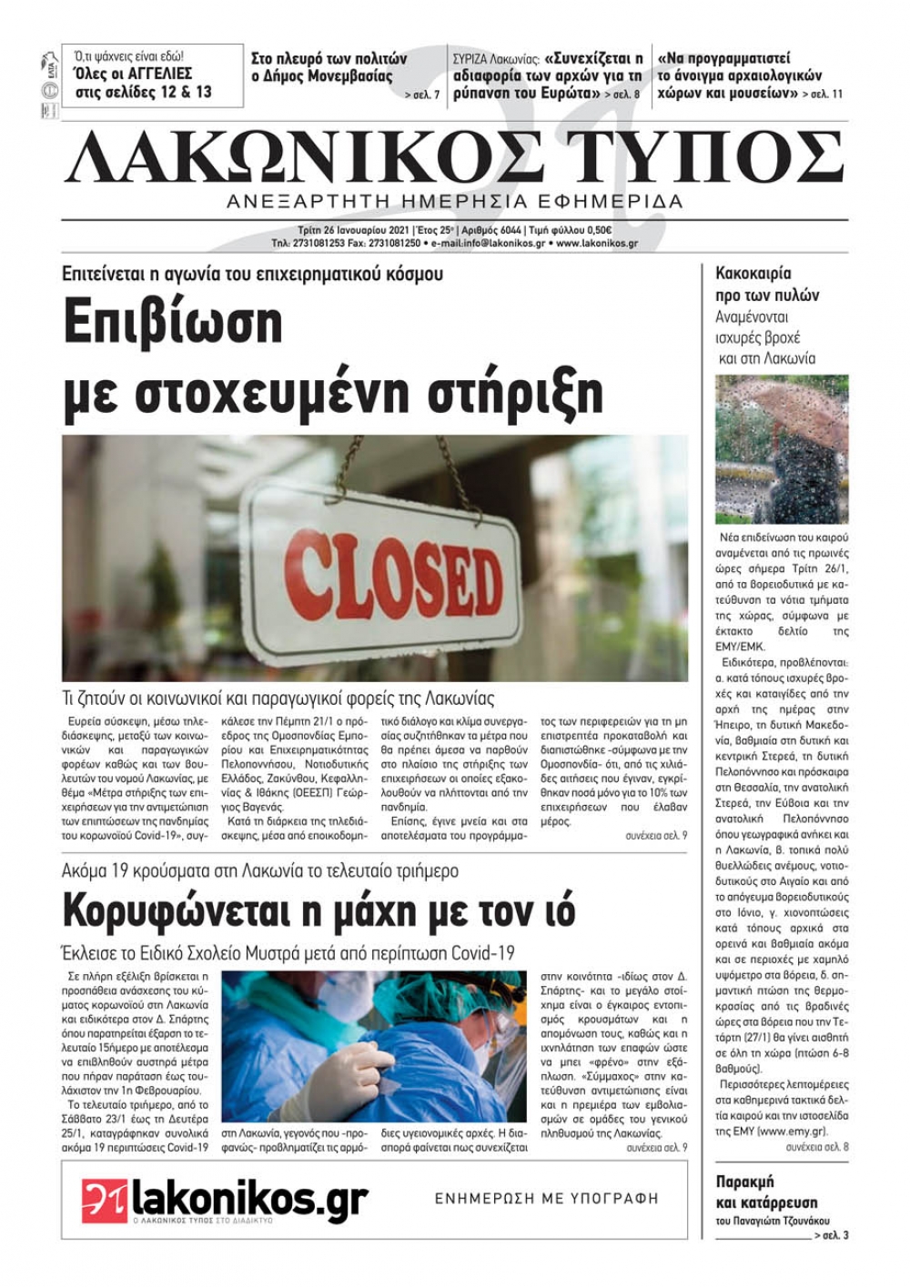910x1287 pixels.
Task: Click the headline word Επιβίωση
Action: pyautogui.click(x=174, y=323)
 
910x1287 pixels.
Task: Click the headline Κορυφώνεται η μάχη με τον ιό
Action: pyautogui.click(x=318, y=910)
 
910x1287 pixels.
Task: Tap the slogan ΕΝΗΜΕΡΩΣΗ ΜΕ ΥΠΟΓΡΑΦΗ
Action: pyautogui.click(x=546, y=1198)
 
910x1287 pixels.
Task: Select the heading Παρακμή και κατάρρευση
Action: pyautogui.click(x=766, y=1191)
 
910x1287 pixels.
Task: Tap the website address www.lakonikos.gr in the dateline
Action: pyautogui.click(x=597, y=244)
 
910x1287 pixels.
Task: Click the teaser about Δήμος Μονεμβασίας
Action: pyautogui.click(x=329, y=68)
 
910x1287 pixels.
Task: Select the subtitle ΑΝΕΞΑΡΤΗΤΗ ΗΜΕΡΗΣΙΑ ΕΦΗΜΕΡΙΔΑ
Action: pyautogui.click(x=455, y=201)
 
